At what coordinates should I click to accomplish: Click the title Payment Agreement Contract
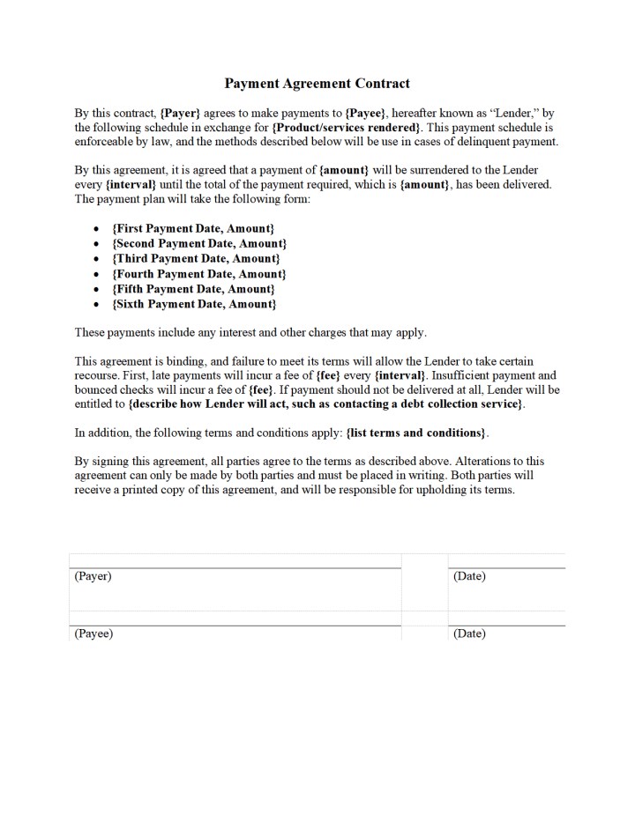tap(317, 84)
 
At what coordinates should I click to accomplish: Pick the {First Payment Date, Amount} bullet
tap(193, 228)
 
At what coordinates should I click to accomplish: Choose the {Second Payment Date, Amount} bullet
tap(199, 243)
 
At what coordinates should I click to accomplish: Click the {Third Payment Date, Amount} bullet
tap(196, 258)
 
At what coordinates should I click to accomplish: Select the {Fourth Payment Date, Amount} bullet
tap(199, 274)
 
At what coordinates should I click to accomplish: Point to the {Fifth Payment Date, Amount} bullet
tap(193, 289)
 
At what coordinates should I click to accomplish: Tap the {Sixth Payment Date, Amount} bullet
tap(194, 304)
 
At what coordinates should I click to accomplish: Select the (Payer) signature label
tap(93, 576)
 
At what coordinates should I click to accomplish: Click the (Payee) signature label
tap(93, 633)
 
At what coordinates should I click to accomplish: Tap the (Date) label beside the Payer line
tap(469, 576)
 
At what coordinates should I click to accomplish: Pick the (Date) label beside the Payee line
tap(469, 633)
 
